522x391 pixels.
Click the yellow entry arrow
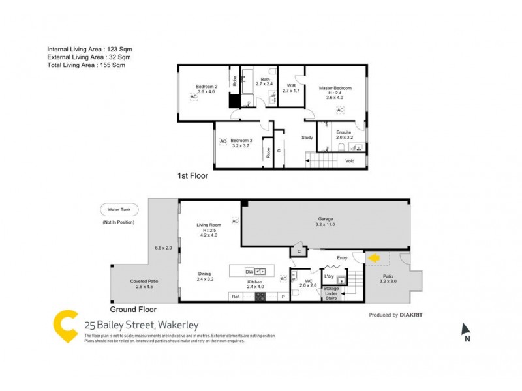click(x=374, y=258)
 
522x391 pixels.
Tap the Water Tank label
click(x=117, y=210)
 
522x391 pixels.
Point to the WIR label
click(x=291, y=87)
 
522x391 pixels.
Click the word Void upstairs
click(x=350, y=160)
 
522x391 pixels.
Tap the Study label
click(x=307, y=138)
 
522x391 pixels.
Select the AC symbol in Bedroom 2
click(x=193, y=96)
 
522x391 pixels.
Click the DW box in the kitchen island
click(x=249, y=271)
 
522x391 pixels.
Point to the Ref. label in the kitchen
click(x=236, y=297)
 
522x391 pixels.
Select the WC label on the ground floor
click(x=307, y=282)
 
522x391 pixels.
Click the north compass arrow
click(x=465, y=330)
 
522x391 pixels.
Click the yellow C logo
click(x=65, y=326)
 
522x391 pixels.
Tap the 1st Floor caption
click(x=193, y=176)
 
